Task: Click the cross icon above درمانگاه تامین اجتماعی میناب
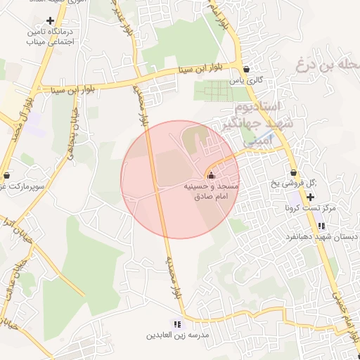[x=49, y=21]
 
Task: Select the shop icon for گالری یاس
[x=245, y=70]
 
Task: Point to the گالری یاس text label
[x=250, y=81]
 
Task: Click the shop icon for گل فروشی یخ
[x=293, y=173]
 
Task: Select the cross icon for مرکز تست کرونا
[x=311, y=196]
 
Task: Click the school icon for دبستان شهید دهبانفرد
[x=321, y=226]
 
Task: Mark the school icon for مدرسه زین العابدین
[x=177, y=324]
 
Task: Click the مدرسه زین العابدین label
[x=178, y=336]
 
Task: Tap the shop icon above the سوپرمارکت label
[x=6, y=175]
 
